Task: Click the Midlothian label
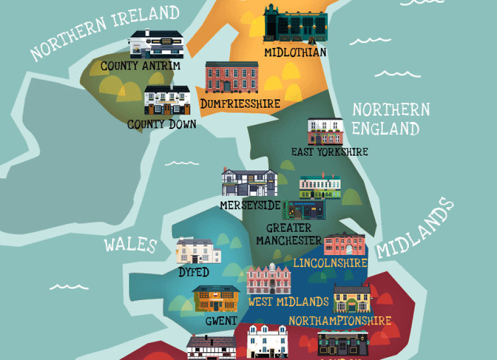(x=295, y=52)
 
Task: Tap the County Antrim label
(x=141, y=67)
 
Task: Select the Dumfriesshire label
(x=240, y=104)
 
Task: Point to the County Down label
(x=162, y=124)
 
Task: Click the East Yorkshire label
(x=329, y=152)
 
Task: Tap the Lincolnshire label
(x=330, y=263)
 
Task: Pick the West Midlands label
(x=289, y=301)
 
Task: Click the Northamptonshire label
(x=340, y=321)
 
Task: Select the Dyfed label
(x=194, y=273)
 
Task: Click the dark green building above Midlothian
(x=295, y=24)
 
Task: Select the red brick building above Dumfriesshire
(x=232, y=77)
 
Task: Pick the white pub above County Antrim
(x=156, y=45)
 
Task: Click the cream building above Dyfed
(x=194, y=251)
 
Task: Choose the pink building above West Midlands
(x=269, y=279)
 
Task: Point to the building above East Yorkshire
(x=325, y=132)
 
